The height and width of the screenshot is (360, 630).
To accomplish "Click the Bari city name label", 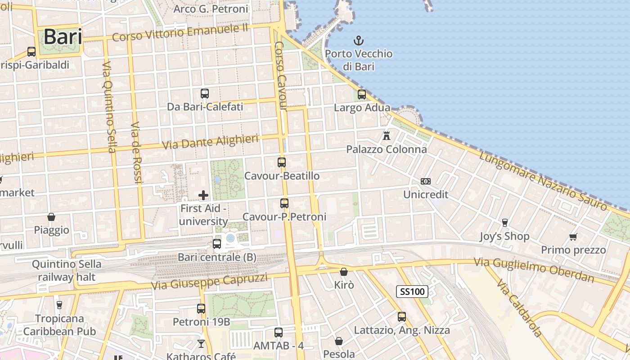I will click(x=63, y=37).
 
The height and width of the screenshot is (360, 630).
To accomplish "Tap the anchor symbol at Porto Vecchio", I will click(x=359, y=41).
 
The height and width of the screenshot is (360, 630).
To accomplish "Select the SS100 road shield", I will click(x=412, y=292).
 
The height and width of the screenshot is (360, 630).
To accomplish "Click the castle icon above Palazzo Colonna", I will click(x=386, y=135).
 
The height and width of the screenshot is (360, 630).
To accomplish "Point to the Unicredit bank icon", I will click(x=426, y=181).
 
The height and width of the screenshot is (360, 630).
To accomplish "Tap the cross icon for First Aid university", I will click(x=203, y=195).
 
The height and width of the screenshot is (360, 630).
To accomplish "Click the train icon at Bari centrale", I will click(x=217, y=244).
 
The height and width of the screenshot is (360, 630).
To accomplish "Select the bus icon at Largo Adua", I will click(x=362, y=94).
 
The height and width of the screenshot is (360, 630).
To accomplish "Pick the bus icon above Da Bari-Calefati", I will click(x=205, y=94).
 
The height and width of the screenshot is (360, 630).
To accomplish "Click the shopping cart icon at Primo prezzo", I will click(x=573, y=237).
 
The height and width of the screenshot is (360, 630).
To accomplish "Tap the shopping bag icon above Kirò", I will click(x=344, y=272).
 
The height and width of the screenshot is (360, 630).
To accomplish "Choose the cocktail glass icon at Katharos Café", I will click(x=201, y=344).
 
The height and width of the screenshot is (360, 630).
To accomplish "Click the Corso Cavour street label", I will click(x=281, y=76).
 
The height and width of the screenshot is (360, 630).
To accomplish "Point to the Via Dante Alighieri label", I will click(x=210, y=141).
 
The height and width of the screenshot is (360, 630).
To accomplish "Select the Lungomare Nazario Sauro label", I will click(x=543, y=181).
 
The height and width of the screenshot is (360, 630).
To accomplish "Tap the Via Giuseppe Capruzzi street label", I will click(x=209, y=281).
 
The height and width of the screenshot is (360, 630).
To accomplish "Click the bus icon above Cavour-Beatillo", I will click(x=282, y=162).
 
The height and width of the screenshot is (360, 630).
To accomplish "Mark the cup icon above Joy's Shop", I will click(x=504, y=222).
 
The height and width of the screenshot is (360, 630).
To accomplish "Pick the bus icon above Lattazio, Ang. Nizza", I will click(x=402, y=317).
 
